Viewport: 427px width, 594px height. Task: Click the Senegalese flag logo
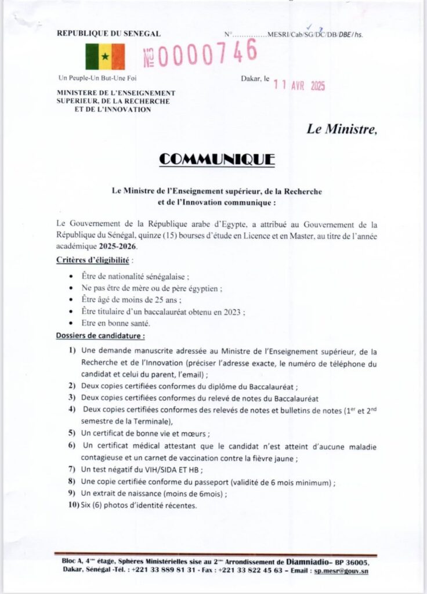105,56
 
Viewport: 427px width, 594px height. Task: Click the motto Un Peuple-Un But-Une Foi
98,78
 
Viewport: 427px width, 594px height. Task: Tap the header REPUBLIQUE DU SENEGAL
108,34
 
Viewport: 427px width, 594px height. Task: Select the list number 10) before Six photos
74,505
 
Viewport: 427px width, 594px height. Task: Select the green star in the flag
105,57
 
